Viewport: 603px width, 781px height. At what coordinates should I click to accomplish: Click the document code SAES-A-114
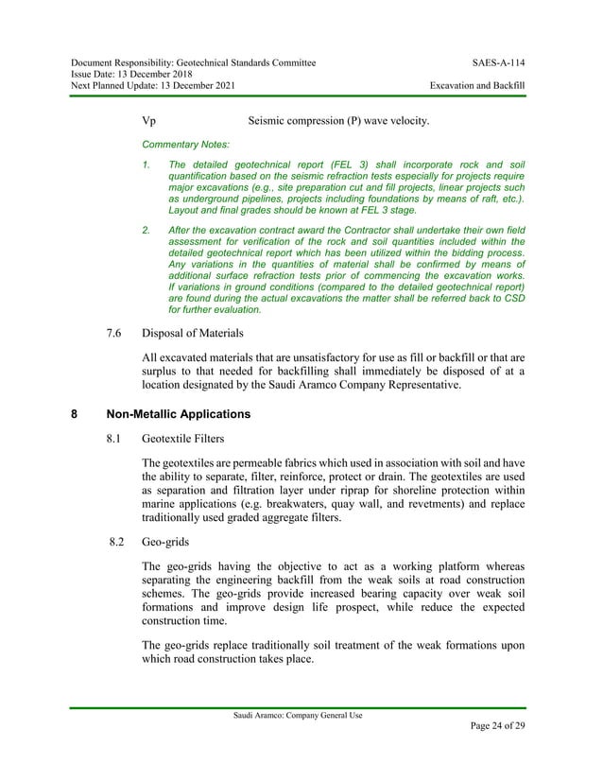[498, 63]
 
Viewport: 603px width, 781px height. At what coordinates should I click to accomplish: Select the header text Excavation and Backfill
[477, 86]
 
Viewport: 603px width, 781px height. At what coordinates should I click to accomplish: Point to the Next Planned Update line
[148, 86]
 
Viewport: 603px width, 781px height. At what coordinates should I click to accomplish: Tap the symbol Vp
[148, 121]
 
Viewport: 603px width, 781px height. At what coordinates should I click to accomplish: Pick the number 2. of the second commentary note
[146, 230]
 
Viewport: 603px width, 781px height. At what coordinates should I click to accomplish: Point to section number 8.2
[118, 544]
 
